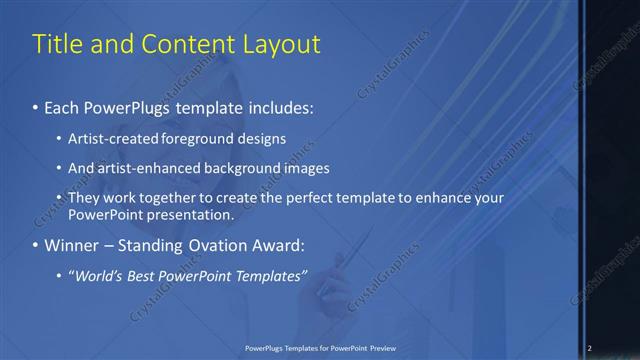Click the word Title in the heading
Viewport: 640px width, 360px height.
[57, 45]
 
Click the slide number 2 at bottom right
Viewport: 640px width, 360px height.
[590, 348]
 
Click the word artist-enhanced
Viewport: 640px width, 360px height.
[143, 168]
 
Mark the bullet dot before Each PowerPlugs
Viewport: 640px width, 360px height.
[36, 107]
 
